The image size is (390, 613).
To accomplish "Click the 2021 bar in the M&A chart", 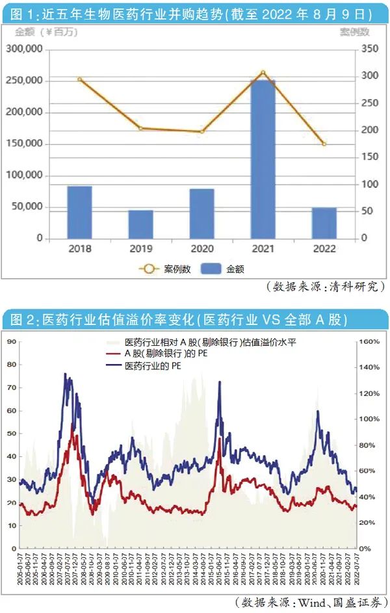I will coord(263,159).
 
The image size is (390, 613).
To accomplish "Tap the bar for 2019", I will coord(140,224).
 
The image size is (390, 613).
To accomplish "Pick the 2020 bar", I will coord(201,214).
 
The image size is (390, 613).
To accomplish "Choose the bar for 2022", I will coord(324,223).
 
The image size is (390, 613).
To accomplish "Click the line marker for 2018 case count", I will coord(79,79).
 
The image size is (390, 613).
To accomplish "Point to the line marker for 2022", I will coord(324,144).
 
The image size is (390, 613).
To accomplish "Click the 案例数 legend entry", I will coord(164,268).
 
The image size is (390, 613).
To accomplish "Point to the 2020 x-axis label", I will coord(201,248).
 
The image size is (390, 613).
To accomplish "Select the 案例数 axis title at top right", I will coord(354,32).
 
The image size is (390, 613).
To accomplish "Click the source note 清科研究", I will coord(325,286).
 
